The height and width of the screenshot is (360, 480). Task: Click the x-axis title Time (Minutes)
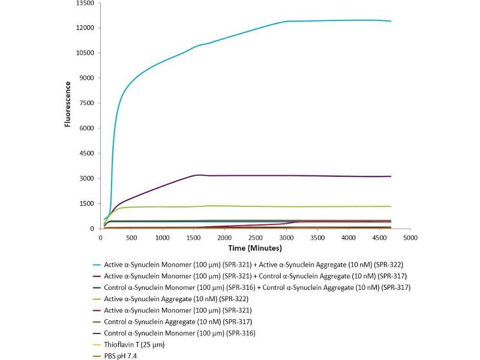point(256,247)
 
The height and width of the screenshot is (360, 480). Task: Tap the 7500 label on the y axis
point(88,103)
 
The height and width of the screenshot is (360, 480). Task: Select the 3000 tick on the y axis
point(88,179)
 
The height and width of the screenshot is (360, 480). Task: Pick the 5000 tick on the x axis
point(410,238)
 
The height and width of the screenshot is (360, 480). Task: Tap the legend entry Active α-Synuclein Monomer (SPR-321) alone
point(178,310)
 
